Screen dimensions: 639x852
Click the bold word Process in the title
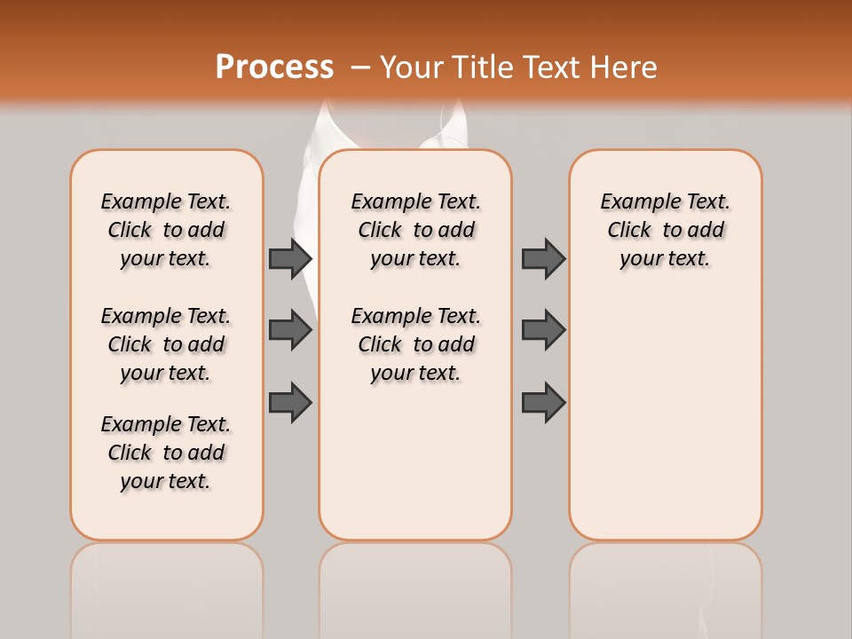274,67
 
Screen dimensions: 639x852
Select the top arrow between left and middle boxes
290,258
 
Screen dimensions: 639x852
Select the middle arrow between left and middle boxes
290,330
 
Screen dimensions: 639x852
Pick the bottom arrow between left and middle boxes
290,402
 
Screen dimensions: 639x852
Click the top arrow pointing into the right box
543,258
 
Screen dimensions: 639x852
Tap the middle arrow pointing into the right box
543,330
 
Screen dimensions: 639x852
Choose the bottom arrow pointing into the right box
543,402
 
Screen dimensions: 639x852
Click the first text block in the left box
166,230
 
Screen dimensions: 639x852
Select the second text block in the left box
166,344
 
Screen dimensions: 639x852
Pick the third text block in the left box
166,453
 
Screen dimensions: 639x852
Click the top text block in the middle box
416,230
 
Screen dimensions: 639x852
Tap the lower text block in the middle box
416,344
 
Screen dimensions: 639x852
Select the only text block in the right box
666,230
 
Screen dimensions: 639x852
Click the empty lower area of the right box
666,417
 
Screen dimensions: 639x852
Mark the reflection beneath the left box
167,586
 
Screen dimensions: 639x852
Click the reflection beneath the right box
666,586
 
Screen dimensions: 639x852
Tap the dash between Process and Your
360,68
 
